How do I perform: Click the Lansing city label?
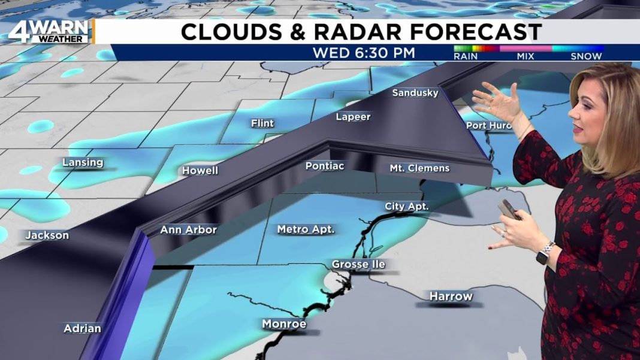point(83,162)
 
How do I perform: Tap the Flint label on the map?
point(262,123)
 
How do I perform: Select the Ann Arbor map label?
point(188,229)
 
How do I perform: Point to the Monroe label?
point(284,324)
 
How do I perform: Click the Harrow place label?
point(451,296)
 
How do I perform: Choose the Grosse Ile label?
point(358,264)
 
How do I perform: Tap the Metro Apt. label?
point(306,229)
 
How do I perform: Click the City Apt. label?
point(406,206)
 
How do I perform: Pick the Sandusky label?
point(415,93)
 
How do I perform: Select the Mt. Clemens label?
point(419,168)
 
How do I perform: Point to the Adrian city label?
point(83,328)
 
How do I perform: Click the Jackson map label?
point(47,235)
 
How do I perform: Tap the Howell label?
point(200,171)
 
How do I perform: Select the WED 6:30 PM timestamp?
point(364,53)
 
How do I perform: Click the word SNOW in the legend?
point(586,56)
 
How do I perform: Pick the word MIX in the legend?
point(525,56)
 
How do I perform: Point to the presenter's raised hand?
point(498,100)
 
